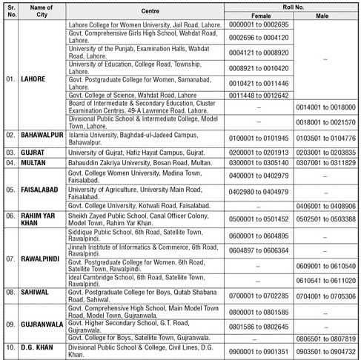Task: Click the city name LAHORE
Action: [34, 78]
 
